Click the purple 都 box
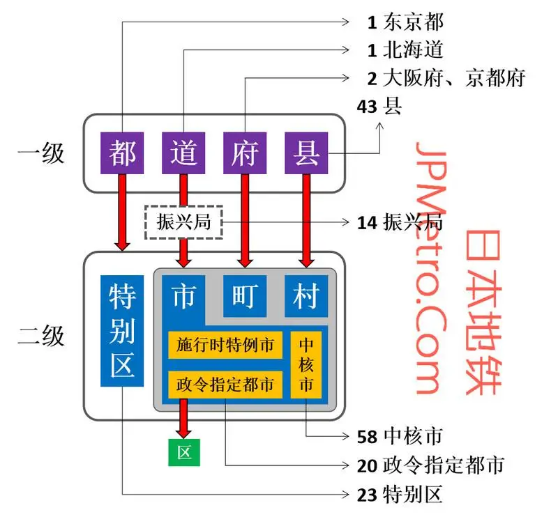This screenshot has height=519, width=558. point(123,153)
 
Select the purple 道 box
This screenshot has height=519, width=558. point(184,153)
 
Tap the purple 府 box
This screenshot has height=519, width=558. point(245,153)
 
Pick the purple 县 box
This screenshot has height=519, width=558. point(306,153)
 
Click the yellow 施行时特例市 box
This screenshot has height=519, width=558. point(225,345)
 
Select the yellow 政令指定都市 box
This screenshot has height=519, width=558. point(225,383)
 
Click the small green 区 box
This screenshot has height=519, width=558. point(184,452)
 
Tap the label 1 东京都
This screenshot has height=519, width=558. point(405,22)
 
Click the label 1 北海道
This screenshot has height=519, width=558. point(405,50)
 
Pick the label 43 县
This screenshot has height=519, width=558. point(379,107)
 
